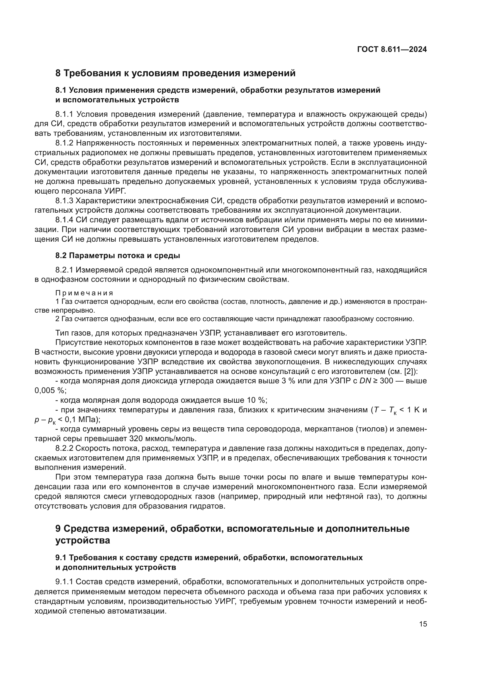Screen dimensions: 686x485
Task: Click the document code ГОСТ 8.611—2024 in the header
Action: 392,50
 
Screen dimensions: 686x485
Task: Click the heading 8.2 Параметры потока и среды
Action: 118,255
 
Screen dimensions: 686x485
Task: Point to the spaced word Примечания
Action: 84,293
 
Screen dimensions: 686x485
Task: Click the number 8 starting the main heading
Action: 58,73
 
